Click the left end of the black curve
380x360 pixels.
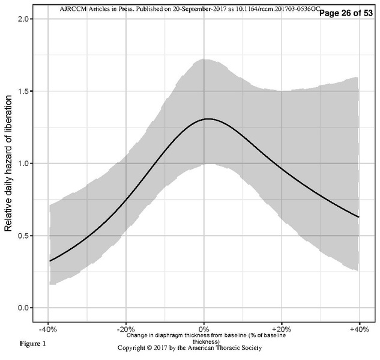pyautogui.click(x=50, y=261)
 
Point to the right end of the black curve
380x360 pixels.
pyautogui.click(x=359, y=217)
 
